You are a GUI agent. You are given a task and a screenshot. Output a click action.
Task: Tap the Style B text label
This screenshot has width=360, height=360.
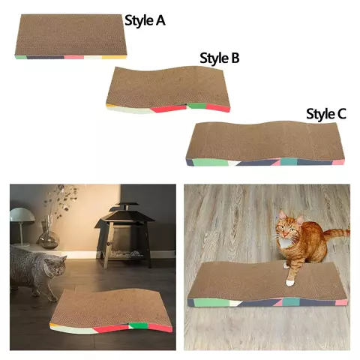(219, 58)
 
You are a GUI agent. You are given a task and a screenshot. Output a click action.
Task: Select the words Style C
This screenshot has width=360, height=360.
(326, 114)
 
